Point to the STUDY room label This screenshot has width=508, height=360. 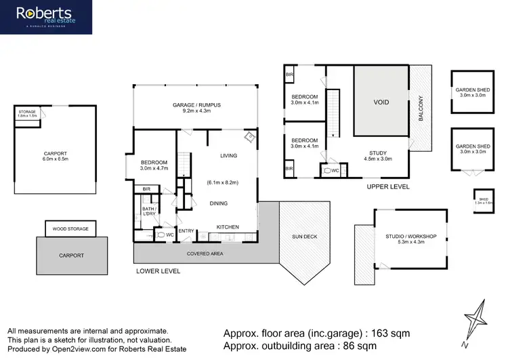pos(378,153)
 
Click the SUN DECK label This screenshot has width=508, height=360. pos(304,237)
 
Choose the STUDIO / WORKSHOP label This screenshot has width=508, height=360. pos(410,236)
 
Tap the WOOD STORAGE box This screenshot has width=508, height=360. pos(70,228)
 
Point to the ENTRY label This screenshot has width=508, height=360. pos(186,231)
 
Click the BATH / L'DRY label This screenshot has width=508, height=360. pos(149,212)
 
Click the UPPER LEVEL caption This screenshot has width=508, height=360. pos(389,186)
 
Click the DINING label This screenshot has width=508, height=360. pos(218,203)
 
